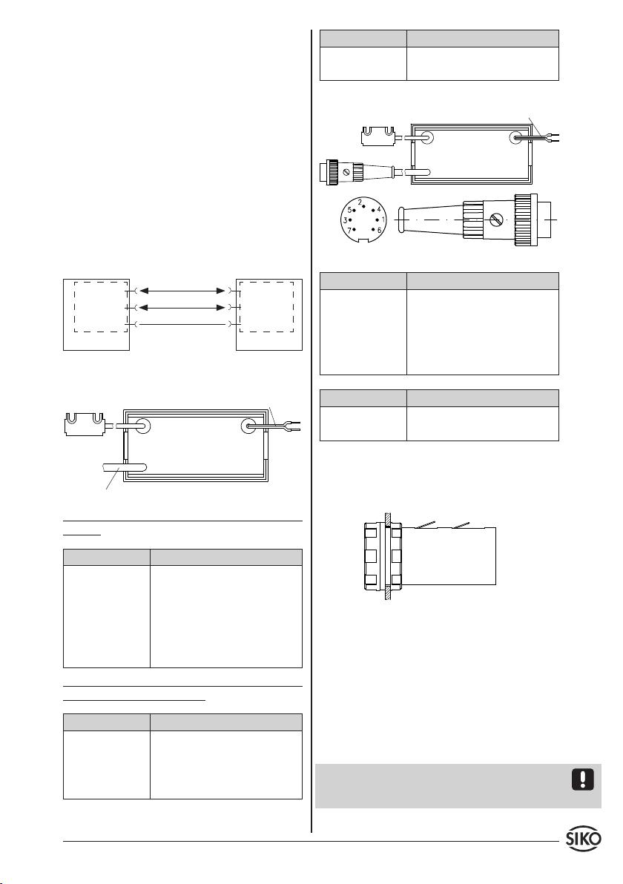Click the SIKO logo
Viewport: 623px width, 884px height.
pos(584,838)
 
